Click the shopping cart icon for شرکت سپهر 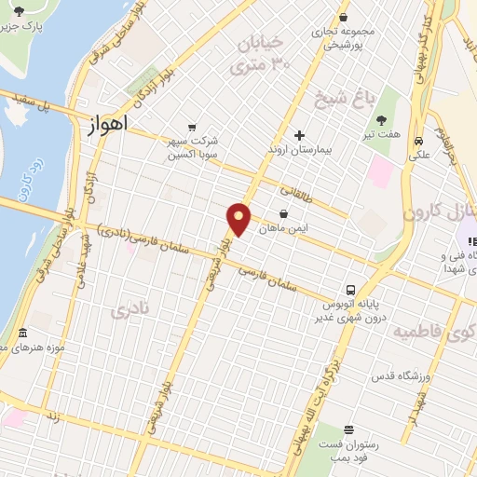click(192, 127)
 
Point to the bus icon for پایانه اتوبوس click(352, 290)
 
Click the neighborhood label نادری click(129, 310)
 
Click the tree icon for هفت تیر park click(382, 119)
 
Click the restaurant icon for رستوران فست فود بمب click(348, 430)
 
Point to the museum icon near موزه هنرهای click(23, 333)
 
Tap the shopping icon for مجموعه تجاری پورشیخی click(344, 17)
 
